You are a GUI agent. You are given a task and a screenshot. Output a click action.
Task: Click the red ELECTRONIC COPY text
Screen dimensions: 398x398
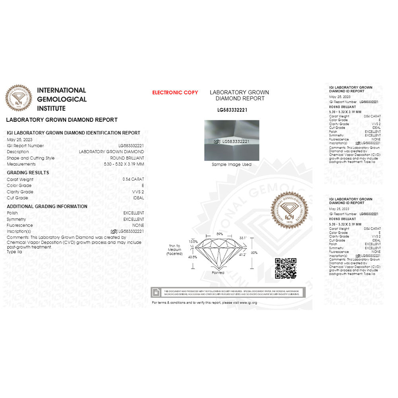175,93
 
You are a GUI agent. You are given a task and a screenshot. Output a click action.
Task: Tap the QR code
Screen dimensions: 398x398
285,268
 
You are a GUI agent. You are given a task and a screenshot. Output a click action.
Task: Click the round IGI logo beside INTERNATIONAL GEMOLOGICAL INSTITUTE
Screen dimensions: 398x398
18,98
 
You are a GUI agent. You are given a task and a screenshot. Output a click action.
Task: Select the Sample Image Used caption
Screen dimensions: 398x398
232,164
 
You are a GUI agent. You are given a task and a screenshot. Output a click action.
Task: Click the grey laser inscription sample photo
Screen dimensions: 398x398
232,140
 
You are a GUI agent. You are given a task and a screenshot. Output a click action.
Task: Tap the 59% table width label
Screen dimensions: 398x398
219,234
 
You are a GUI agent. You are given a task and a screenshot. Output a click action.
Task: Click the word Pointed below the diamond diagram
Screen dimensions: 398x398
218,273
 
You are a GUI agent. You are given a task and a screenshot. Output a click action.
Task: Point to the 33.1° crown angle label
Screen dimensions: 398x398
243,238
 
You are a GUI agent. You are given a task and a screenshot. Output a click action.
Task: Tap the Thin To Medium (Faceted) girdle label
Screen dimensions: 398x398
174,250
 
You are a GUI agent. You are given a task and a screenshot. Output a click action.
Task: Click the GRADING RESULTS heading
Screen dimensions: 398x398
28,173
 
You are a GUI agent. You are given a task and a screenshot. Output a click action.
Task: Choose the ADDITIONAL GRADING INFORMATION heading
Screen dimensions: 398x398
47,207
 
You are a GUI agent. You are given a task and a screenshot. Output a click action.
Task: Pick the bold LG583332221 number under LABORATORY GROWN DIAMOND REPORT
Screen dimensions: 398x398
232,109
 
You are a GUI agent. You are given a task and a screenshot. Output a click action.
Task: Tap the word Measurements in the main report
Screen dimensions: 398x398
21,164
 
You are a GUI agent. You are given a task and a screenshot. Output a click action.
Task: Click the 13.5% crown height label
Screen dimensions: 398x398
193,242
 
